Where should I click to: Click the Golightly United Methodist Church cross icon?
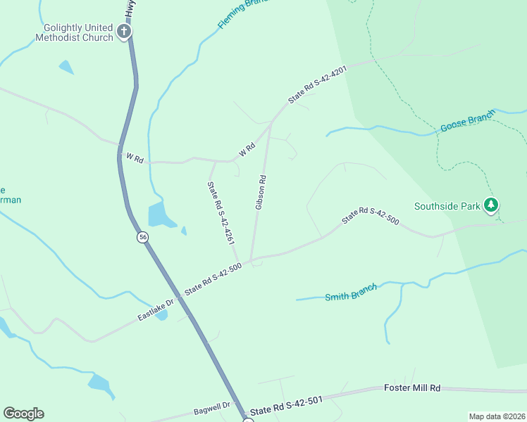[x=124, y=31]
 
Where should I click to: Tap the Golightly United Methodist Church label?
[x=77, y=32]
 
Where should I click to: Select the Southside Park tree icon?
[x=491, y=206]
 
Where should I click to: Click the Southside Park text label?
[x=447, y=206]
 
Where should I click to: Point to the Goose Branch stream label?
[x=468, y=122]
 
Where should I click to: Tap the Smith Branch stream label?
[x=351, y=292]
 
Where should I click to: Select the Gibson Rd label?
[x=260, y=192]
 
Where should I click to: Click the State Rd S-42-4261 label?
[x=221, y=212]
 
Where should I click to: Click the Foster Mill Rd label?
[x=412, y=388]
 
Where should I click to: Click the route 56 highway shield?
[x=143, y=238]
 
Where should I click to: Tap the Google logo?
[x=23, y=414]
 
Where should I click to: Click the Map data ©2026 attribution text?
[x=497, y=416]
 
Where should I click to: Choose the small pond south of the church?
[x=66, y=68]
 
